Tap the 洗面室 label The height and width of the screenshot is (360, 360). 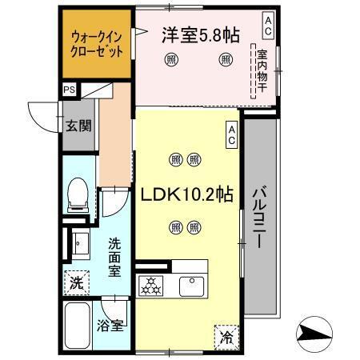(x=116, y=255)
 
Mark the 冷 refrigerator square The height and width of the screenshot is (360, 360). (x=226, y=338)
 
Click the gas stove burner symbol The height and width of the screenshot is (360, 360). (x=150, y=283)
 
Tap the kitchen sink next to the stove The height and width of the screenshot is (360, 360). (x=192, y=283)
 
